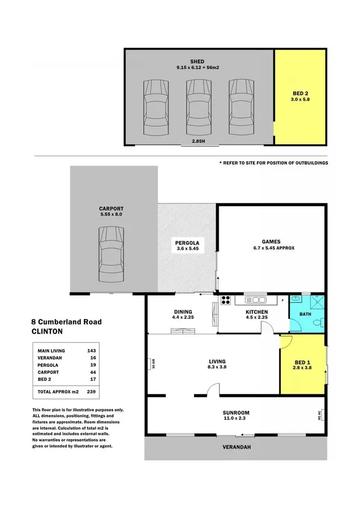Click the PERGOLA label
coord(187,243)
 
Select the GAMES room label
coord(271,242)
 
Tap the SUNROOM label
coord(236,413)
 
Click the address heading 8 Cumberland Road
coord(67,322)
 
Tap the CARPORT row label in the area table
coord(48,372)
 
